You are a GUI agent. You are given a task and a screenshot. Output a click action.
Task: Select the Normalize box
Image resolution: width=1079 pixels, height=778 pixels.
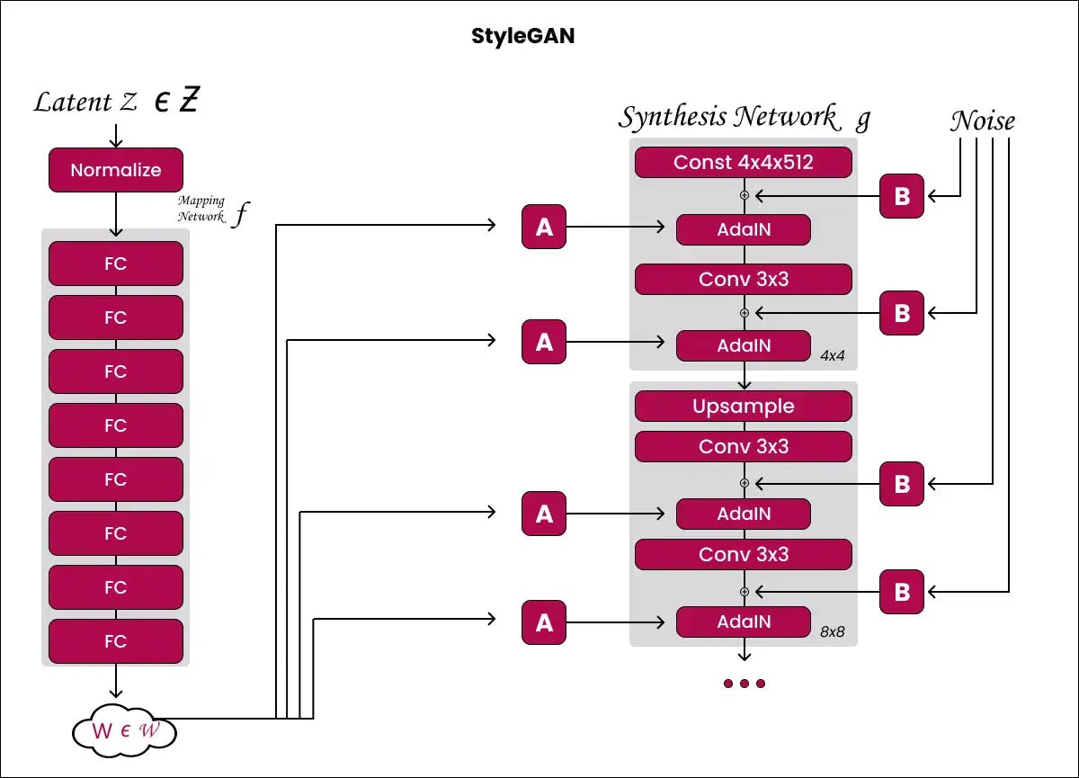click(x=116, y=170)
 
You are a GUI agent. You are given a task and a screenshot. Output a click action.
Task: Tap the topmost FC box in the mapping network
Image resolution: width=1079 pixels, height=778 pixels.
click(x=116, y=264)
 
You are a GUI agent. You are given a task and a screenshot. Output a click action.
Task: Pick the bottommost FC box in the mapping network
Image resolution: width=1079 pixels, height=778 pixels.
click(x=116, y=641)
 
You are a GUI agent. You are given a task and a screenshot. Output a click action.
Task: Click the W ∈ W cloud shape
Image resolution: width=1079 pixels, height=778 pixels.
click(x=123, y=730)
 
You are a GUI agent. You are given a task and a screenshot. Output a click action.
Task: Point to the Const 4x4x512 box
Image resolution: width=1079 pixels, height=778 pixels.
click(x=743, y=163)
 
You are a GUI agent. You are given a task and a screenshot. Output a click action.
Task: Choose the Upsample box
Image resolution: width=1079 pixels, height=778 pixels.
click(x=743, y=407)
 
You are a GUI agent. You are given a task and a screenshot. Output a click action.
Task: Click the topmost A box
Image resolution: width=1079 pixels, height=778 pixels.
click(x=544, y=228)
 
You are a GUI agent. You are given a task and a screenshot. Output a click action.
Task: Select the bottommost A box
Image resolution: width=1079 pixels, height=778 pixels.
click(x=544, y=622)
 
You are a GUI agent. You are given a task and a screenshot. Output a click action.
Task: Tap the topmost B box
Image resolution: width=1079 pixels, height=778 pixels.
click(x=901, y=197)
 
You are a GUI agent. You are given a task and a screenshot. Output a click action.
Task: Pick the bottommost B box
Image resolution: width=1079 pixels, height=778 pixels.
click(x=901, y=593)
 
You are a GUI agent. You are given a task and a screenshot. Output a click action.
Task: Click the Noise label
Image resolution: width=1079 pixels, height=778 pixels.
click(x=982, y=121)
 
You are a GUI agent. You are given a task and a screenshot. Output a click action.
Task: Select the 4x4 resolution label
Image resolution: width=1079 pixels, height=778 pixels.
click(x=833, y=355)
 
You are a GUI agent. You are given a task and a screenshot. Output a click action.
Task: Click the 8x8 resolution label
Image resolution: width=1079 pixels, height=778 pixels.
click(x=833, y=631)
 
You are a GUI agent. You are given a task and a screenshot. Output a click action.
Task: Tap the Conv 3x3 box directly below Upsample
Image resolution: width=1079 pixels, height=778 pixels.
click(x=743, y=447)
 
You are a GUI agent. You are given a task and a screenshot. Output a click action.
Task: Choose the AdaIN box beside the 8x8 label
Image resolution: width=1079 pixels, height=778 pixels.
click(x=743, y=622)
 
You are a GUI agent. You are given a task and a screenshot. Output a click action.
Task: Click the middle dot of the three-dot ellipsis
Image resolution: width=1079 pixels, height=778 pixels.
click(x=744, y=684)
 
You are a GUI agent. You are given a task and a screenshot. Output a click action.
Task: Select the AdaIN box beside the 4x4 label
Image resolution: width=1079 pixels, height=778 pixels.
click(x=743, y=345)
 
